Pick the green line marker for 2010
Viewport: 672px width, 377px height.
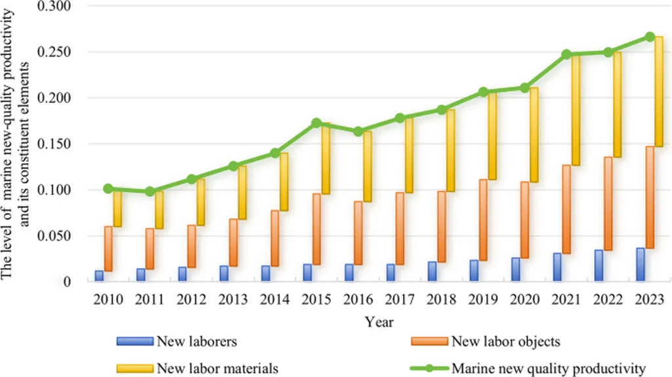[x=108, y=189]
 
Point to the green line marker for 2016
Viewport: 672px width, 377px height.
[x=358, y=132]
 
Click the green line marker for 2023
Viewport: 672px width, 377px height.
[x=649, y=37]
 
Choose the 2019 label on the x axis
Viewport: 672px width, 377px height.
[x=482, y=300]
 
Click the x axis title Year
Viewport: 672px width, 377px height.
[x=379, y=322]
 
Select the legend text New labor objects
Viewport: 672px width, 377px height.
[x=505, y=341]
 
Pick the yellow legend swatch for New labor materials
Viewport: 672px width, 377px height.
[x=135, y=368]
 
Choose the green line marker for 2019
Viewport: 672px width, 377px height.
[x=482, y=92]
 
